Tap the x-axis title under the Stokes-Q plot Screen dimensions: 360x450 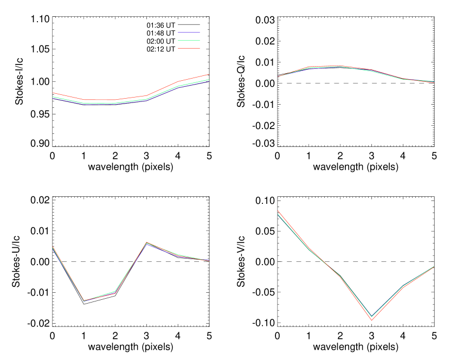coord(356,167)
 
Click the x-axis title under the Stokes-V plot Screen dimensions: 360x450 coord(356,346)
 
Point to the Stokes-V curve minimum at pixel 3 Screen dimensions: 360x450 coord(371,319)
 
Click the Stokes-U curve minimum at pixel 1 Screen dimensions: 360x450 coord(84,303)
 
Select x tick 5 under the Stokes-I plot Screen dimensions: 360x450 coord(209,156)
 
